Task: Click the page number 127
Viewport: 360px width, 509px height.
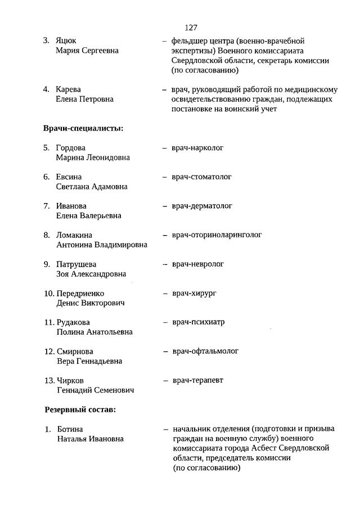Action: [190, 27]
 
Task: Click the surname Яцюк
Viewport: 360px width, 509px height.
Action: [66, 41]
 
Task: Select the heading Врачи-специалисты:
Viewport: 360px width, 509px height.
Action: [83, 128]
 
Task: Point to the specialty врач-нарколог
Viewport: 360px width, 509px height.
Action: [198, 148]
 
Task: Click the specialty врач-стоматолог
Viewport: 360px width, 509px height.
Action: [202, 177]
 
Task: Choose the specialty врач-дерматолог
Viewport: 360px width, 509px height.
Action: [202, 206]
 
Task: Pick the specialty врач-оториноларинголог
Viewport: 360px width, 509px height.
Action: [217, 235]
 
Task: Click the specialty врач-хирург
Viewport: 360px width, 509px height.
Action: [195, 294]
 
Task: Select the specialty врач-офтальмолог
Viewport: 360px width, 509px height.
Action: [205, 352]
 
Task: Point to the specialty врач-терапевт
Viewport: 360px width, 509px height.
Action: [197, 381]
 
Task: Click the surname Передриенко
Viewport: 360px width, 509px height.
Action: [80, 294]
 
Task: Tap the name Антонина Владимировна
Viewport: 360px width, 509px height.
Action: [102, 245]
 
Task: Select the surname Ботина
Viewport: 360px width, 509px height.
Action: [70, 429]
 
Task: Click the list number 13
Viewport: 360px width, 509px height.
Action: [49, 381]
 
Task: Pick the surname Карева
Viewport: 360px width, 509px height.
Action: [69, 89]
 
